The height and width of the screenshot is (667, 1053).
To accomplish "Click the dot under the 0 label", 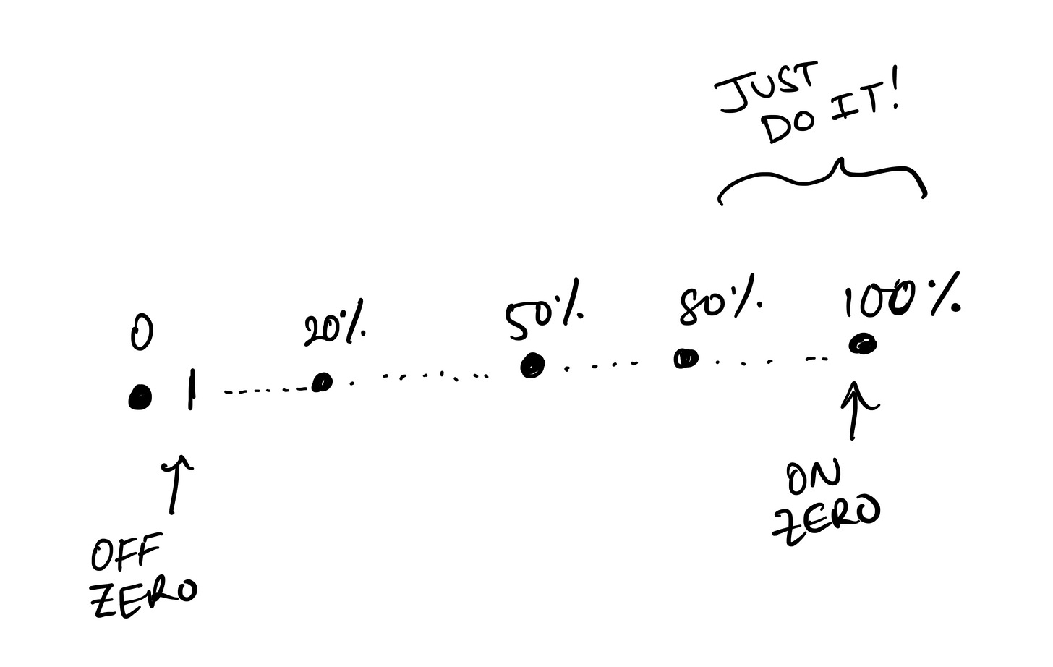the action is pos(140,397).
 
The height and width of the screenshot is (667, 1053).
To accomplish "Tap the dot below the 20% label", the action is pos(321,382).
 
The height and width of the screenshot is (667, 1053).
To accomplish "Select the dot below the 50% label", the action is pos(532,366).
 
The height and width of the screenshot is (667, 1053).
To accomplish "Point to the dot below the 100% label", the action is pos(862,345).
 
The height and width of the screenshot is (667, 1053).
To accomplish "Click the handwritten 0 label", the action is pos(142,333).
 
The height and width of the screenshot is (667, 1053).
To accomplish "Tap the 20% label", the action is pos(333,329).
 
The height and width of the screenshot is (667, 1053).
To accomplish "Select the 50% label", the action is pos(544,317).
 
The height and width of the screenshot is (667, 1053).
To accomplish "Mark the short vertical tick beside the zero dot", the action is pos(191,390).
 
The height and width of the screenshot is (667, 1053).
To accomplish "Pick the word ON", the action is pos(814,478).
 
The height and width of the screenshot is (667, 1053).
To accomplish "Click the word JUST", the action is pos(768,88).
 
